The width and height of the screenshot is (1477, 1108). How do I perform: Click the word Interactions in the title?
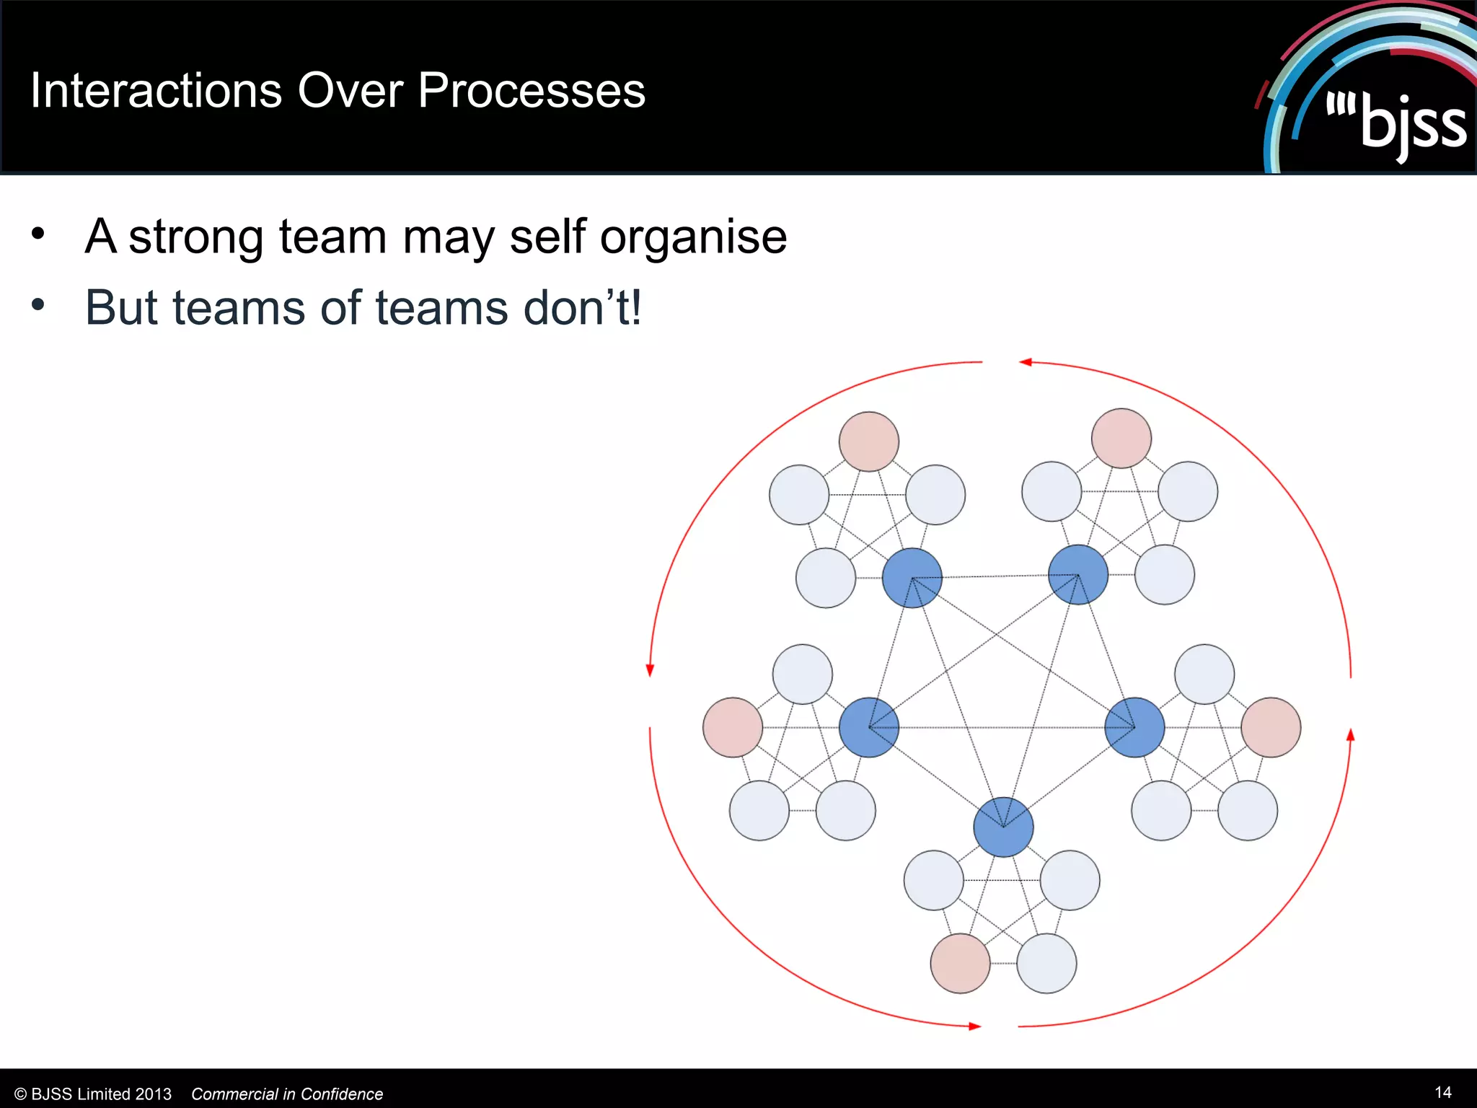click(156, 92)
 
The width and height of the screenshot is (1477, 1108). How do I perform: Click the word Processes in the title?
click(532, 92)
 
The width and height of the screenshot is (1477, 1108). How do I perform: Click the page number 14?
click(1442, 1092)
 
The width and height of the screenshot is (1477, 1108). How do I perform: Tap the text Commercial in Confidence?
click(287, 1094)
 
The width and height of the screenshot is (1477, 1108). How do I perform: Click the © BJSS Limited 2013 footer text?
click(93, 1094)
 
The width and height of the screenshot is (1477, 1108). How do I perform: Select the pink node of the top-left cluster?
click(869, 441)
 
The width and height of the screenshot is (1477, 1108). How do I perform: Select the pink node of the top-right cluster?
click(1121, 439)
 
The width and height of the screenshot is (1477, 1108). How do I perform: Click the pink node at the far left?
click(733, 727)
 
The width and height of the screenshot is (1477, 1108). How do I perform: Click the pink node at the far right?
click(1271, 727)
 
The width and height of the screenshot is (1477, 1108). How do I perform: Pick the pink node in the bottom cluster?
click(960, 963)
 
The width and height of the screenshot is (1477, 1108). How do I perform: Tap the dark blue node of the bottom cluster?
click(1003, 827)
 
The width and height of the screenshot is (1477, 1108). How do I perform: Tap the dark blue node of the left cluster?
click(869, 727)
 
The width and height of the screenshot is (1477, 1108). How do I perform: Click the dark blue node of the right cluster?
click(1134, 727)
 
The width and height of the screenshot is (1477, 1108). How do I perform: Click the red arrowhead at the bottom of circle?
click(974, 1026)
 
